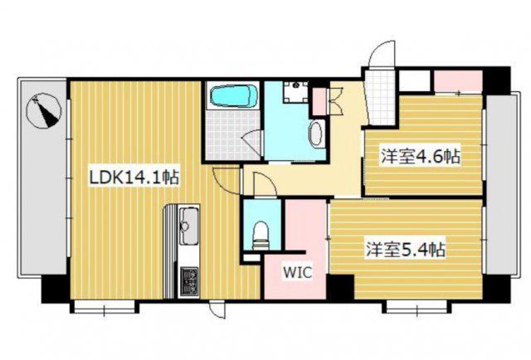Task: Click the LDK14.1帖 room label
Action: click(134, 178)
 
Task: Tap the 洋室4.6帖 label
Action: click(421, 156)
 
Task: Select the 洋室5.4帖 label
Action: click(405, 250)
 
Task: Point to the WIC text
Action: click(297, 272)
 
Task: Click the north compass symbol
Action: click(44, 110)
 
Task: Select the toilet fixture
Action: click(261, 236)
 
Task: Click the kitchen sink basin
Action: click(188, 226)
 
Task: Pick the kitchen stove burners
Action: click(188, 280)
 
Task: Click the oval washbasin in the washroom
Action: click(316, 134)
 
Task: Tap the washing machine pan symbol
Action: click(296, 91)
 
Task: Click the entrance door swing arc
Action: click(382, 54)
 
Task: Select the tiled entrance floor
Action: click(380, 96)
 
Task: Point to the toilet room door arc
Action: click(265, 184)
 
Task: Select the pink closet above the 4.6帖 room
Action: click(458, 81)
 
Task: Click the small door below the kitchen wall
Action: click(217, 309)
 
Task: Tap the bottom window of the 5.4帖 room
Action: click(417, 308)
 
